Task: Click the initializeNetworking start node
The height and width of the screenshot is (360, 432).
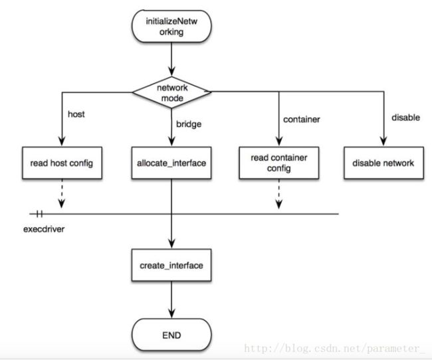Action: [171, 27]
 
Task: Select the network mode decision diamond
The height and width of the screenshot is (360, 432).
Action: [171, 92]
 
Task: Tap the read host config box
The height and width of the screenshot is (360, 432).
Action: [62, 163]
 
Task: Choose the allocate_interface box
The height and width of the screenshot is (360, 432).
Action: [171, 163]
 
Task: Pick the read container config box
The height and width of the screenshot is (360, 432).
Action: [279, 163]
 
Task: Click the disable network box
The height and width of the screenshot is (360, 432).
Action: [383, 163]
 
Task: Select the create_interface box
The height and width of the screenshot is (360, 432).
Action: [171, 265]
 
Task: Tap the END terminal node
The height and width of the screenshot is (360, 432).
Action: [171, 335]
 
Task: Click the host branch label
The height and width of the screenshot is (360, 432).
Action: [76, 114]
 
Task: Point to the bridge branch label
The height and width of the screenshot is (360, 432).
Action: [189, 124]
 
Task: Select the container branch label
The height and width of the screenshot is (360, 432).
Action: [302, 120]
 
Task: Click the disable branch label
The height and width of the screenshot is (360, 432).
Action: [406, 118]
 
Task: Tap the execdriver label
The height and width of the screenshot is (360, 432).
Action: [44, 229]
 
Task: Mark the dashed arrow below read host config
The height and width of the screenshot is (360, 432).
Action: [62, 194]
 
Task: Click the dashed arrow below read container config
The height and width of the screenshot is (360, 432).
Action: [279, 194]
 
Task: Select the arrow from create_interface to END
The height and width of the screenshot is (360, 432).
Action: [171, 300]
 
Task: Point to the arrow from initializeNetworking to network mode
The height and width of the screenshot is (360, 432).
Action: [171, 60]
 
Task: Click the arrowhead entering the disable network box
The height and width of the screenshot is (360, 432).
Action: [383, 141]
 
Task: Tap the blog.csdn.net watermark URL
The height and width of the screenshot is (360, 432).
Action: [334, 349]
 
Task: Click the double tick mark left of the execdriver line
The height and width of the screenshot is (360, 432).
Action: [39, 214]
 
